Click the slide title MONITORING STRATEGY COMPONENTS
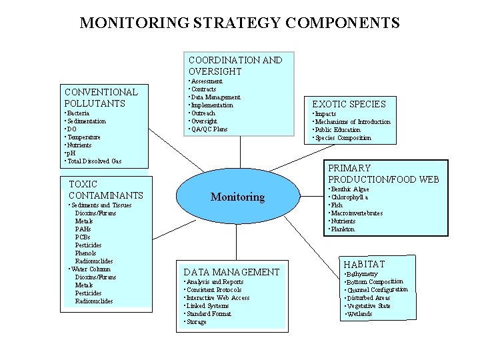tap(239, 23)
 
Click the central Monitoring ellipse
tap(237, 197)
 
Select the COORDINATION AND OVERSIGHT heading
tap(235, 65)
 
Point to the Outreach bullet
tap(203, 113)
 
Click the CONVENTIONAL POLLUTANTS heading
tap(101, 97)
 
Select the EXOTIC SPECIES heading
tap(349, 104)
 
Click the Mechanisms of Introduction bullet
tap(353, 122)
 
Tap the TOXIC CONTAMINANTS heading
tap(105, 189)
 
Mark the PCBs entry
tap(83, 237)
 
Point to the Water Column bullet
tap(92, 269)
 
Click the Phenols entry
tap(85, 253)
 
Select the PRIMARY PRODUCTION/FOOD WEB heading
tap(383, 173)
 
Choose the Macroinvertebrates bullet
tap(356, 213)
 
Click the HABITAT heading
tap(364, 265)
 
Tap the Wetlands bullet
tap(359, 314)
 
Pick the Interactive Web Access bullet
tap(218, 298)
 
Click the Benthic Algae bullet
tap(348, 189)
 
